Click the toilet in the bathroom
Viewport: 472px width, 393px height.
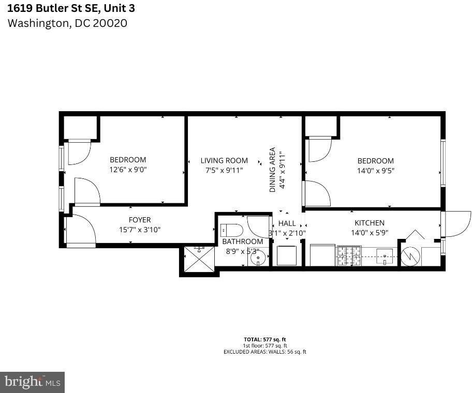pyautogui.click(x=232, y=230)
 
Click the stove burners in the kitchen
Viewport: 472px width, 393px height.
pyautogui.click(x=349, y=256)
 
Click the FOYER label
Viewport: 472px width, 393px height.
pyautogui.click(x=140, y=220)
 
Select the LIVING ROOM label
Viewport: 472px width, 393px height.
pyautogui.click(x=224, y=160)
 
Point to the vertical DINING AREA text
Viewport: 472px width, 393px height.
pyautogui.click(x=272, y=170)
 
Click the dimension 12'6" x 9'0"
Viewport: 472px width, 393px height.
pyautogui.click(x=128, y=170)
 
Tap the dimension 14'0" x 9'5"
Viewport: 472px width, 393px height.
pyautogui.click(x=375, y=171)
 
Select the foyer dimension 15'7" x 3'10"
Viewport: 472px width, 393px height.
pyautogui.click(x=139, y=230)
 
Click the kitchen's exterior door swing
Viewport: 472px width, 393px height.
pyautogui.click(x=458, y=223)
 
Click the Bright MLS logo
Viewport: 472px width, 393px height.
pyautogui.click(x=32, y=382)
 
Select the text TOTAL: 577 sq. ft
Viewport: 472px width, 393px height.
pyautogui.click(x=264, y=339)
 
